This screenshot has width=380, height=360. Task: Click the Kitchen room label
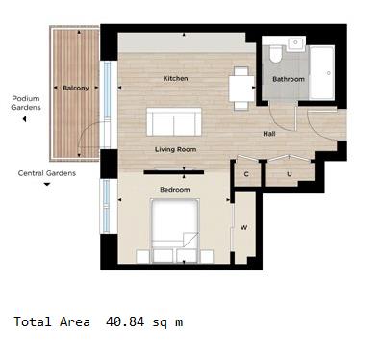[174, 78]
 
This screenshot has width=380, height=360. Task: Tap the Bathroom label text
[288, 79]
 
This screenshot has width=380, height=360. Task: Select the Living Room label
[175, 150]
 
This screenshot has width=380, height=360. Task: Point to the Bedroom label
[174, 190]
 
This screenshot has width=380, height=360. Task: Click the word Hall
[269, 133]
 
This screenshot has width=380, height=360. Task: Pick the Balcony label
[76, 88]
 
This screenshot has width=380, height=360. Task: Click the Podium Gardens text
[26, 103]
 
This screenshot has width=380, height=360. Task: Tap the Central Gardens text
[46, 173]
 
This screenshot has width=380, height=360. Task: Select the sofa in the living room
[175, 122]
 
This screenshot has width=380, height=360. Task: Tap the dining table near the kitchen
[241, 88]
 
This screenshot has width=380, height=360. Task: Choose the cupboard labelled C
[246, 174]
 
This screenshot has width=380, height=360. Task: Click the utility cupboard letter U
[290, 174]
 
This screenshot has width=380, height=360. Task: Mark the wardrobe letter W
[244, 228]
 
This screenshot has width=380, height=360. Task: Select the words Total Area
[50, 321]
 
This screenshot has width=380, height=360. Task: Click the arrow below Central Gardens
[46, 186]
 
